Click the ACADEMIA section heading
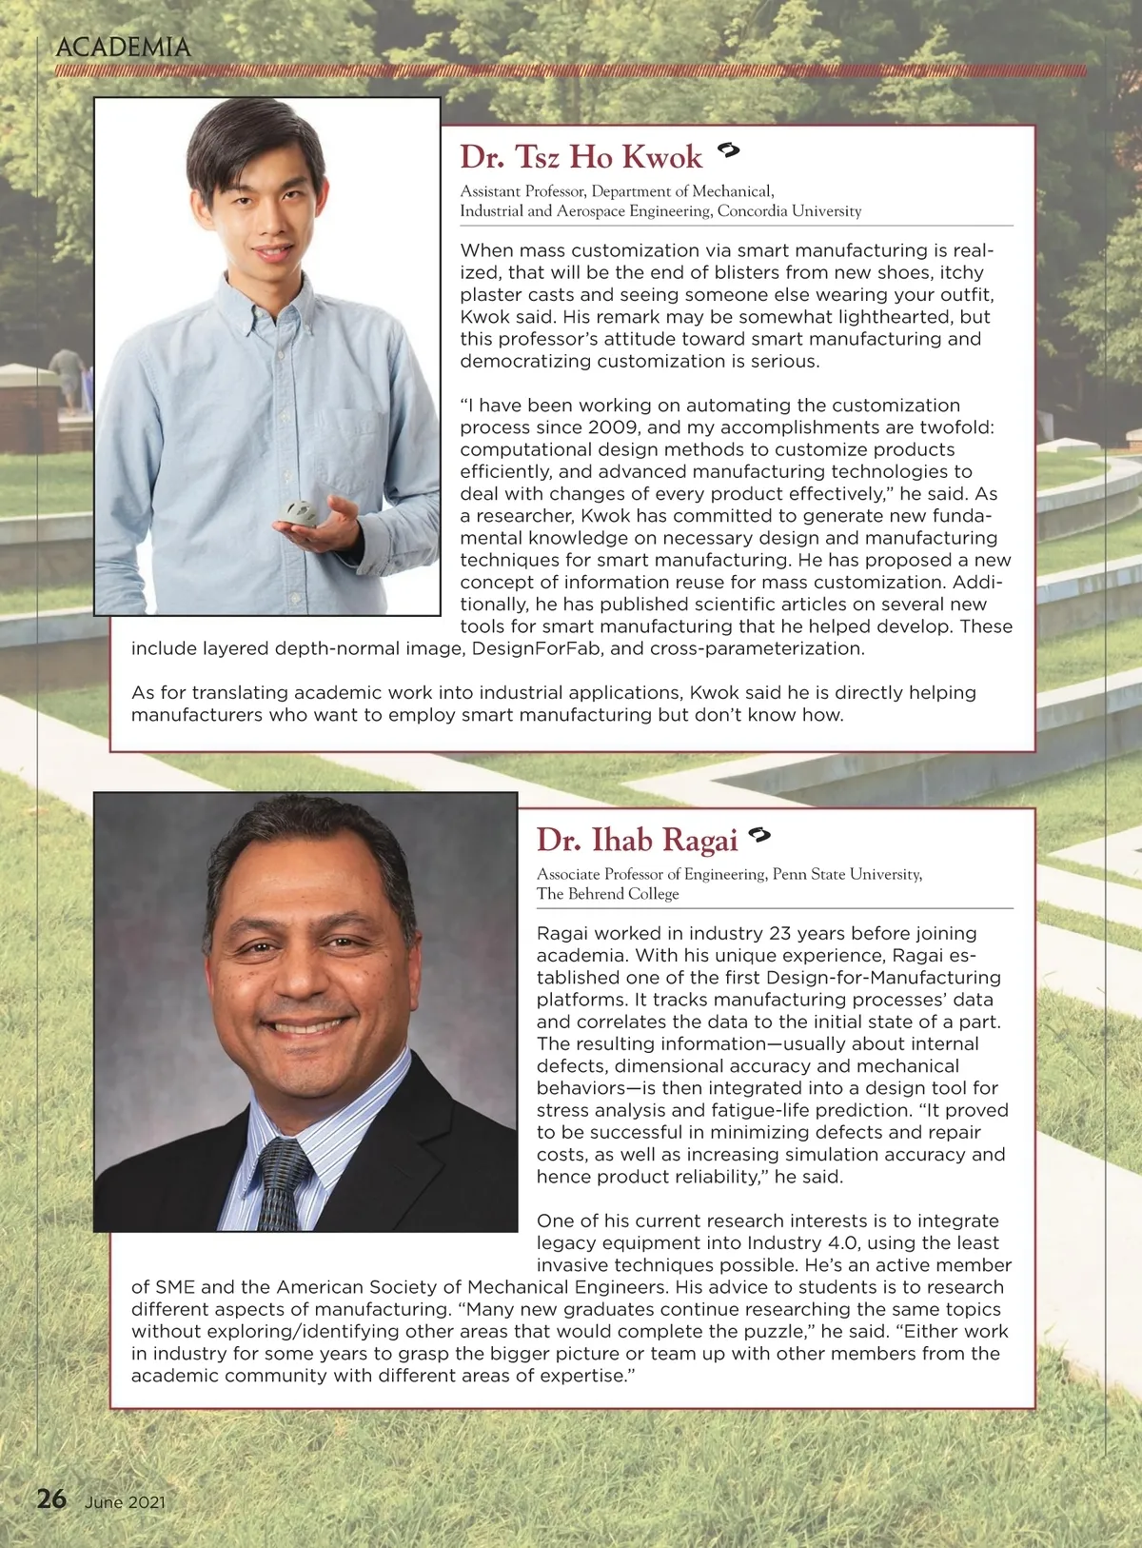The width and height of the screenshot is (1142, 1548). click(123, 47)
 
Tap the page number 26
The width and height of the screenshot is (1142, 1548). click(51, 1498)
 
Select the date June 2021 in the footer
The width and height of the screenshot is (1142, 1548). click(125, 1502)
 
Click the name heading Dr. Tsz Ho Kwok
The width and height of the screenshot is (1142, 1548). click(581, 157)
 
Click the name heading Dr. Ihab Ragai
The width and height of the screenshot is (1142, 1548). click(637, 840)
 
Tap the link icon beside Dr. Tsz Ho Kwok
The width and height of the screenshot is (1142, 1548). click(729, 149)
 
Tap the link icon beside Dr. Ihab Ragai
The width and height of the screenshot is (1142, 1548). click(758, 835)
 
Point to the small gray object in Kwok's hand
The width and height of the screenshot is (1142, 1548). click(298, 512)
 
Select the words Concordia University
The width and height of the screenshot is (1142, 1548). click(789, 211)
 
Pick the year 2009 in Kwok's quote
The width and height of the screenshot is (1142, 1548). click(614, 427)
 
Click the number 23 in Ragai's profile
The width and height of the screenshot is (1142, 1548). click(783, 933)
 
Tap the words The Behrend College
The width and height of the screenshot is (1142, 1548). click(607, 894)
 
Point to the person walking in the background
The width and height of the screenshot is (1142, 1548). click(69, 375)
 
